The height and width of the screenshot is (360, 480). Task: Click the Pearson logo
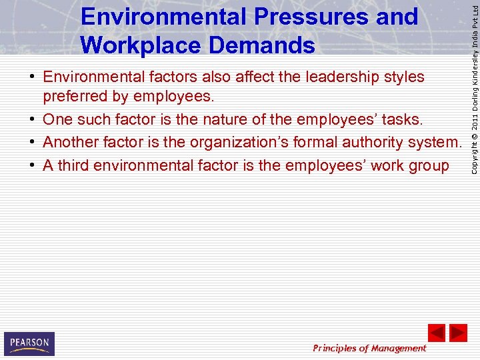(29, 343)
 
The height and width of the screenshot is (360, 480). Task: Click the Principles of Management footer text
(369, 348)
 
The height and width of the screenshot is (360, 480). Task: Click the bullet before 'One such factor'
(32, 120)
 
